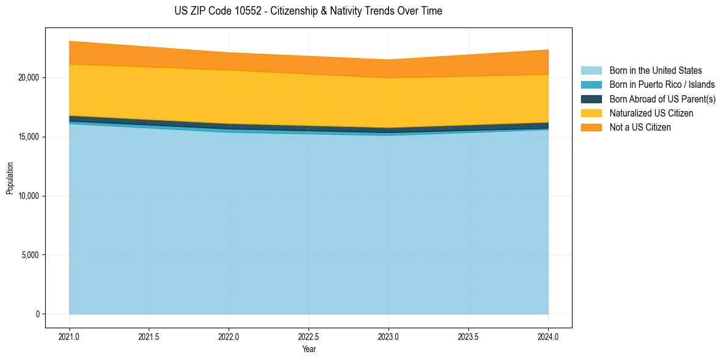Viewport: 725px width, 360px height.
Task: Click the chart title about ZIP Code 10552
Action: [x=309, y=11]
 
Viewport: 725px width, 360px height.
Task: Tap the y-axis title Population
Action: [x=10, y=178]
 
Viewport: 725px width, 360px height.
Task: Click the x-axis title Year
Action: [x=309, y=349]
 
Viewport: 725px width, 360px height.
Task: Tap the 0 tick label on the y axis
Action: [x=37, y=314]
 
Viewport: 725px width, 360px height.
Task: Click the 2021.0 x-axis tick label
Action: [x=70, y=336]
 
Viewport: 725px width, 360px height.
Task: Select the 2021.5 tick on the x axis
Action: [x=149, y=336]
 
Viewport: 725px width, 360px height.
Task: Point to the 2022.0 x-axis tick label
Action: [x=229, y=336]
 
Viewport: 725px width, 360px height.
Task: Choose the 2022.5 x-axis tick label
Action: [x=309, y=336]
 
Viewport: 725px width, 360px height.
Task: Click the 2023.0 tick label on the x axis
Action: [x=388, y=336]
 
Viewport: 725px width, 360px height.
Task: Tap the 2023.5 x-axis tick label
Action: [x=468, y=336]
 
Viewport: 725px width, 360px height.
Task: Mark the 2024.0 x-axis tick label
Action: [x=548, y=336]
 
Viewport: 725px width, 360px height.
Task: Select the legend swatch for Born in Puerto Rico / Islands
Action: [x=591, y=85]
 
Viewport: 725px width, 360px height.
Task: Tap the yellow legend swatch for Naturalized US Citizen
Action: [x=591, y=113]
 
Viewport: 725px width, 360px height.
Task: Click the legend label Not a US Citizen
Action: [x=640, y=128]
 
